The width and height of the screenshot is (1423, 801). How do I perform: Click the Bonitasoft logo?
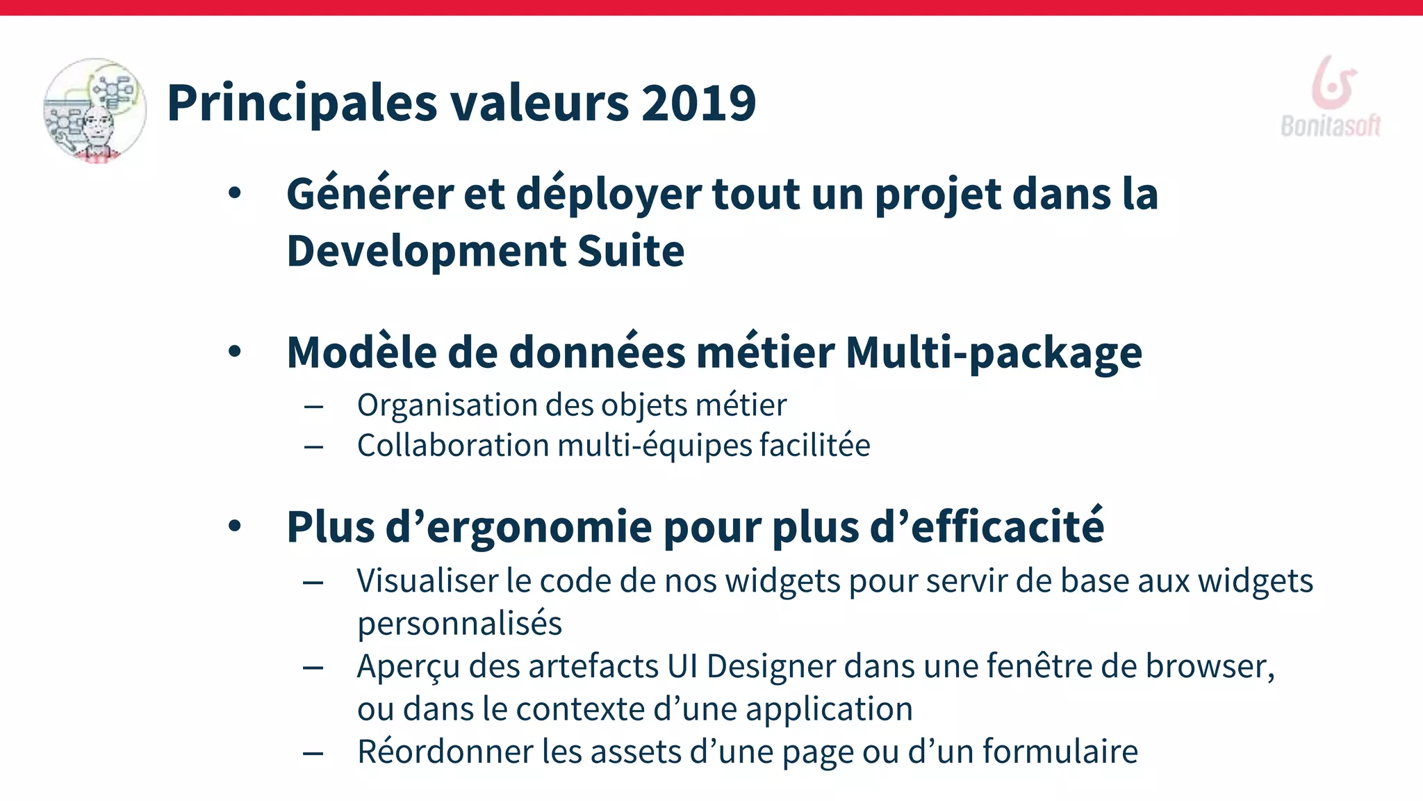(1331, 97)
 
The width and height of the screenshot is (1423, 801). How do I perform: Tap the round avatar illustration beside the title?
(95, 111)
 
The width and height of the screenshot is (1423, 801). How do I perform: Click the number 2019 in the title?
(698, 103)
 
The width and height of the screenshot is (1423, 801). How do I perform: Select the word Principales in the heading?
(302, 103)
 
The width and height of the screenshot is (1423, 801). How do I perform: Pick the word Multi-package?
(994, 353)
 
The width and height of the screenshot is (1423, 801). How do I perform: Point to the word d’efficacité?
(987, 527)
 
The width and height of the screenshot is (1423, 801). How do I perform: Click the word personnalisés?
(459, 624)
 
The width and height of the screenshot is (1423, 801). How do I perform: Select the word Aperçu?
(409, 666)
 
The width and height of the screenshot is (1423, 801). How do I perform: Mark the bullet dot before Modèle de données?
(235, 352)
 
